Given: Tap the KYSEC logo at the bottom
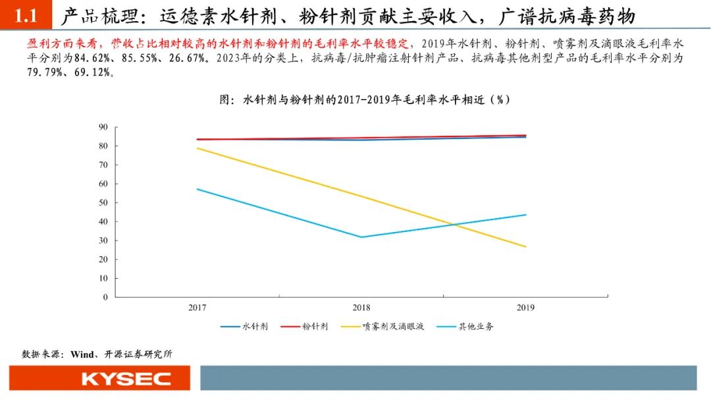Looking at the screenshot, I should (126, 379).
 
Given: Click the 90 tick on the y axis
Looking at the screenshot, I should (103, 127).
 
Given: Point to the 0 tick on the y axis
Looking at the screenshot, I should (105, 297).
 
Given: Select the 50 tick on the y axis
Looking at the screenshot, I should (103, 202).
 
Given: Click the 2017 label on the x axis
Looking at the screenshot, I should (197, 308).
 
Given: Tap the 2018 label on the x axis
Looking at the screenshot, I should (361, 308).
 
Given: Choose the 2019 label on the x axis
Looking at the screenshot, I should (525, 308).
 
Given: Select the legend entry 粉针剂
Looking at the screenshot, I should (315, 327).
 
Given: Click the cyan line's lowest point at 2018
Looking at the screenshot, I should (361, 237).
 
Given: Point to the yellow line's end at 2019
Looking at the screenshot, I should (525, 246).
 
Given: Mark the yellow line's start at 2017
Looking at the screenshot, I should (197, 148).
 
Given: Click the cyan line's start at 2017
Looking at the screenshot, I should (197, 189).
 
